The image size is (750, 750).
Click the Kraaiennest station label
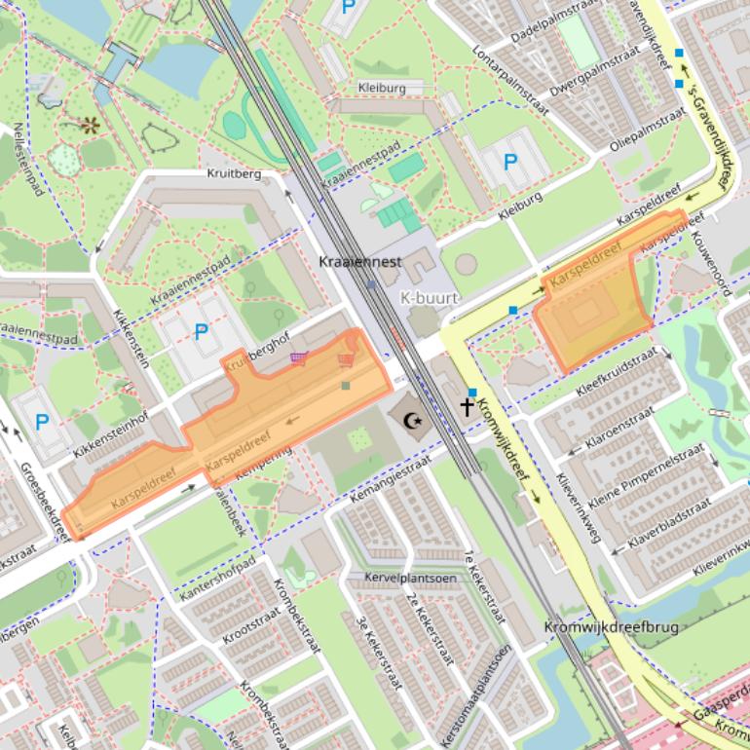pyautogui.click(x=359, y=262)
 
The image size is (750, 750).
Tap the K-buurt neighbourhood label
pyautogui.click(x=429, y=296)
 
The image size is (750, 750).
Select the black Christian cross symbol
pyautogui.click(x=467, y=407)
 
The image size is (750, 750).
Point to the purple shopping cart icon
pyautogui.click(x=299, y=358)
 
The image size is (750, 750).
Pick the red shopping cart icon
pyautogui.click(x=345, y=361)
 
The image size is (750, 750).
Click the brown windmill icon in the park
pyautogui.click(x=91, y=125)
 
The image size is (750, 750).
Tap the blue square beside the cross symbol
pyautogui.click(x=472, y=393)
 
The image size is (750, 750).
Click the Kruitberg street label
pyautogui.click(x=235, y=174)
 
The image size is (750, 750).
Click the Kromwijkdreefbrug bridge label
pyautogui.click(x=611, y=627)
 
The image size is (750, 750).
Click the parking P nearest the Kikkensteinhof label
pyautogui.click(x=42, y=422)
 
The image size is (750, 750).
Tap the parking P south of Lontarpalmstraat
pyautogui.click(x=509, y=162)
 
